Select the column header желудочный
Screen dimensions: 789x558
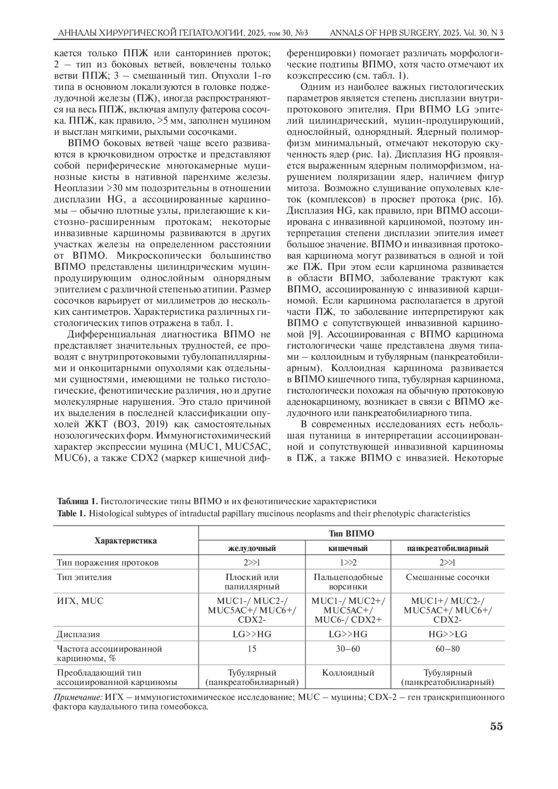tap(252, 548)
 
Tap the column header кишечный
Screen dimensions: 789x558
tap(348, 548)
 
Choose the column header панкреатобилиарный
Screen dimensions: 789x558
tap(448, 548)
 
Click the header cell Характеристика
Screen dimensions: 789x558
tap(126, 540)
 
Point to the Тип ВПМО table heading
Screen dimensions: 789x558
tap(351, 533)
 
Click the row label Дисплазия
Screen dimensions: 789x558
tap(78, 634)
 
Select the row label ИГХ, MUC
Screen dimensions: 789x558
tap(80, 601)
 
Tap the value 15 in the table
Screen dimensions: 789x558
tap(252, 649)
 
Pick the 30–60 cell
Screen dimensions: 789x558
tap(348, 649)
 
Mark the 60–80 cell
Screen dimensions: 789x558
tap(448, 649)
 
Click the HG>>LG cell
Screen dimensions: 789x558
tap(448, 634)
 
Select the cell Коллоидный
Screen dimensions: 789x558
tap(348, 673)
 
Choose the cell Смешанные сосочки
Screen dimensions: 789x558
tap(448, 577)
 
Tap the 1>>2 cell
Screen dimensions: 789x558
tap(348, 563)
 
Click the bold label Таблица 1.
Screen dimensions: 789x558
tap(77, 501)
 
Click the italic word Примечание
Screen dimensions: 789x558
tap(78, 697)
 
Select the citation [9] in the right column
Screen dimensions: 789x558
tap(313, 334)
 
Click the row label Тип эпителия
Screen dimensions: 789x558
tap(84, 577)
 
